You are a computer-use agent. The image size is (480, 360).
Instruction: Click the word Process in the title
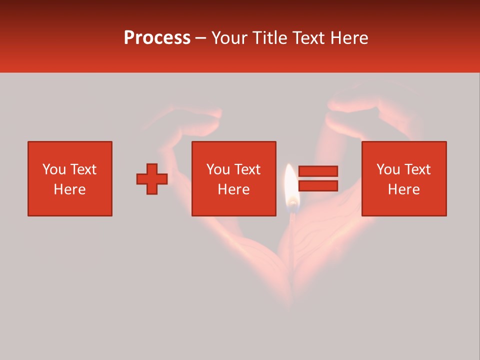click(x=157, y=38)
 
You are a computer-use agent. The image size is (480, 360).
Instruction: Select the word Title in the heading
click(x=270, y=38)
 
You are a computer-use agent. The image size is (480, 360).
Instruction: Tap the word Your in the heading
click(x=229, y=38)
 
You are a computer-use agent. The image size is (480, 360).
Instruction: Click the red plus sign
click(x=152, y=179)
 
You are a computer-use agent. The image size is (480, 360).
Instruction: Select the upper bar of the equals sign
click(x=318, y=171)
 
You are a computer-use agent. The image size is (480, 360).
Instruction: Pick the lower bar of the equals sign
click(x=318, y=186)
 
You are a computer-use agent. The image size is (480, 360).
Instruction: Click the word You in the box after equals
click(x=388, y=169)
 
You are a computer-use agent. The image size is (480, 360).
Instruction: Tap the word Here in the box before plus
click(x=70, y=189)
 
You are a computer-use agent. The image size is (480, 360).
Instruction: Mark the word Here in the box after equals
click(x=404, y=189)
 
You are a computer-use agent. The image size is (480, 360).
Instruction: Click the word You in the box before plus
click(x=54, y=169)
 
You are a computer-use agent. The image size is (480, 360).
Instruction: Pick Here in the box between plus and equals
click(x=234, y=189)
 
